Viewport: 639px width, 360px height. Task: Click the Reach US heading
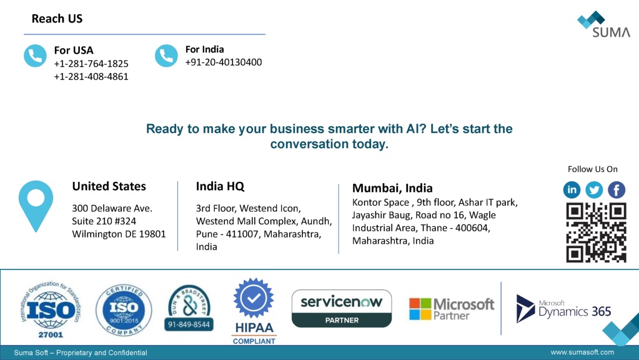pyautogui.click(x=57, y=19)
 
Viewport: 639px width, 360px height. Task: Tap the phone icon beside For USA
pyautogui.click(x=35, y=56)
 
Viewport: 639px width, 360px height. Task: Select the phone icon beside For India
pyautogui.click(x=166, y=56)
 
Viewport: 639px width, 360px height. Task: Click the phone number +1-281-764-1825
pyautogui.click(x=91, y=64)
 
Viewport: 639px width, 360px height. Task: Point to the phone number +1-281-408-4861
pyautogui.click(x=91, y=77)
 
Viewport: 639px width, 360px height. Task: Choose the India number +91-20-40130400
pyautogui.click(x=224, y=62)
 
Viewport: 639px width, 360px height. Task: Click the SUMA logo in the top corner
pyautogui.click(x=604, y=24)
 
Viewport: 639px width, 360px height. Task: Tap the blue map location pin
pyautogui.click(x=36, y=206)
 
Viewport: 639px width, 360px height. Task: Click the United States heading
pyautogui.click(x=109, y=186)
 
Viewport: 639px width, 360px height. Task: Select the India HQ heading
pyautogui.click(x=220, y=186)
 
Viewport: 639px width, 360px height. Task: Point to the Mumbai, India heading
pyautogui.click(x=392, y=188)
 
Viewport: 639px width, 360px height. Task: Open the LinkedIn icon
pyautogui.click(x=572, y=189)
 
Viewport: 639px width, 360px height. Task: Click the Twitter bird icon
pyautogui.click(x=594, y=189)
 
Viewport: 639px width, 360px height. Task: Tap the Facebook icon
pyautogui.click(x=617, y=189)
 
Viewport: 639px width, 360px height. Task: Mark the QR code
pyautogui.click(x=596, y=232)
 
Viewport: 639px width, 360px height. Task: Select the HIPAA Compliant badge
pyautogui.click(x=254, y=311)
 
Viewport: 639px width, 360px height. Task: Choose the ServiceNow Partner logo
pyautogui.click(x=342, y=309)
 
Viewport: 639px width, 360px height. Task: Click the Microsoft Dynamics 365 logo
pyautogui.click(x=563, y=309)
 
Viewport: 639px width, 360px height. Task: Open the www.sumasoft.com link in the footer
pyautogui.click(x=582, y=352)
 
